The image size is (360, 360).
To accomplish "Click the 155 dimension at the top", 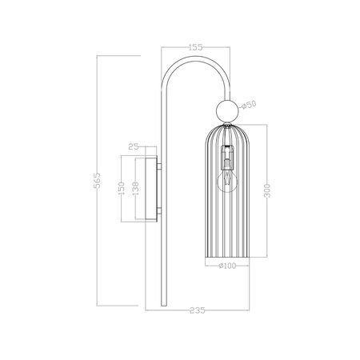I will pos(194,46).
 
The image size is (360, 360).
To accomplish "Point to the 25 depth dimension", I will pos(134,146).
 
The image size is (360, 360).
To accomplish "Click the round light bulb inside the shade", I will pos(226,182).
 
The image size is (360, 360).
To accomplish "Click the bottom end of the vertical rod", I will pos(164,305).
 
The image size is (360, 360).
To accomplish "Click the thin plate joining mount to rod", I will pos(160,187).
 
